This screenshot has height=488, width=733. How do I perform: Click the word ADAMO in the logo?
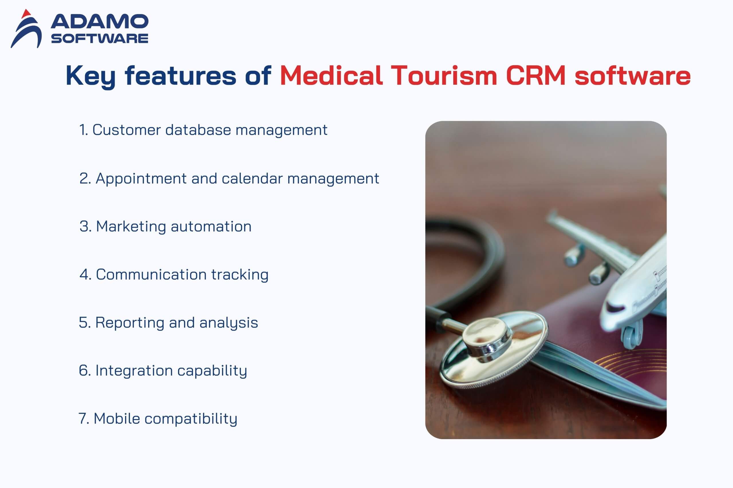tap(100, 21)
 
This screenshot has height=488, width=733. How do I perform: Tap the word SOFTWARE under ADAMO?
tap(100, 38)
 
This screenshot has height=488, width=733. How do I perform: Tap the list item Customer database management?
tap(203, 130)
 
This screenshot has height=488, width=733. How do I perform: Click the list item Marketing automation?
tap(165, 227)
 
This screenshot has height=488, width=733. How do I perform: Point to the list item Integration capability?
tap(163, 371)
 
